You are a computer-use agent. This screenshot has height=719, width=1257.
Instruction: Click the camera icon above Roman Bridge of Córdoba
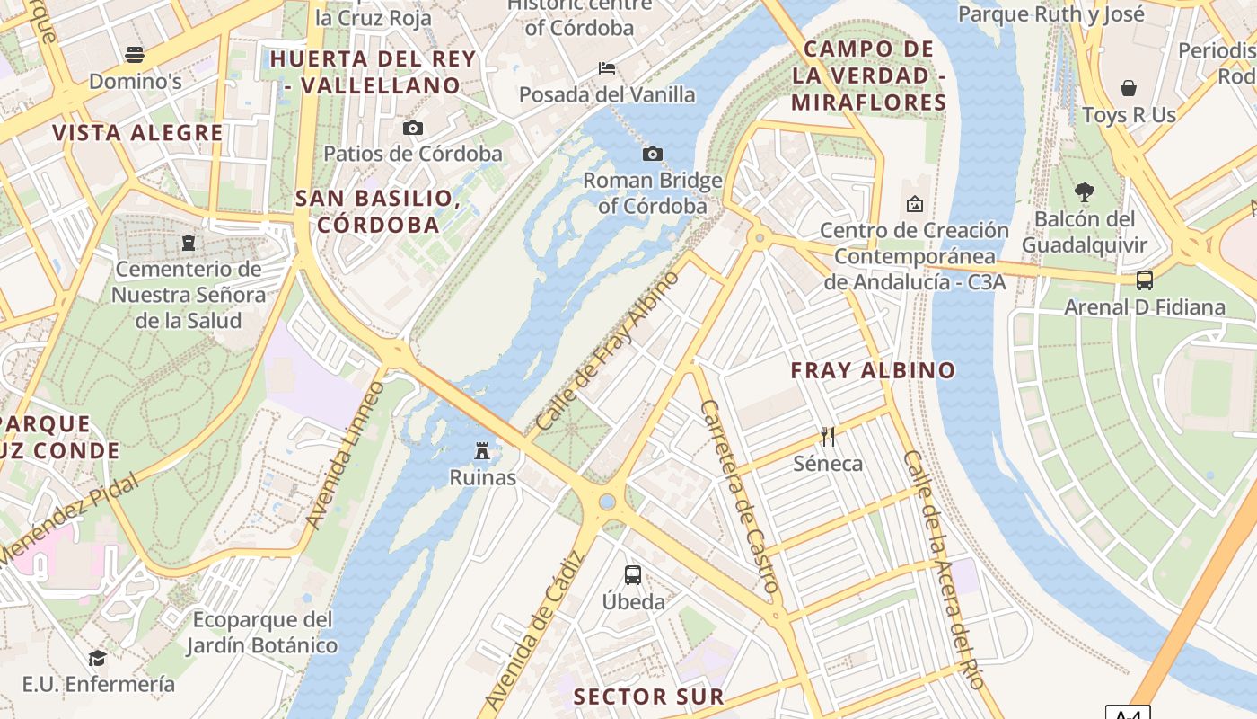coord(653,154)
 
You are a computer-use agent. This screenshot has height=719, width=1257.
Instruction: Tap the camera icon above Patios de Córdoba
coord(413,128)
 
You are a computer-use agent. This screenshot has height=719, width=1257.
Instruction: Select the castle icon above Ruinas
coord(482,450)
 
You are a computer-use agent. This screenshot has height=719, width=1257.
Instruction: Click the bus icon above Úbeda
coord(633,574)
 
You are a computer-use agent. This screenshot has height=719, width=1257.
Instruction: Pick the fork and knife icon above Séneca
coord(828,437)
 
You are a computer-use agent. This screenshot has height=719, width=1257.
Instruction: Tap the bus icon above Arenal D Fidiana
coord(1145,280)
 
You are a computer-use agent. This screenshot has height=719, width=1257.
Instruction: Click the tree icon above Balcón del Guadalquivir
coord(1085,191)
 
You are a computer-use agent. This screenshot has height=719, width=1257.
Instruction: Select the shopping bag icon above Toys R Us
coord(1129,88)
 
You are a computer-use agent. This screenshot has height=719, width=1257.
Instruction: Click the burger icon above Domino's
coord(135,54)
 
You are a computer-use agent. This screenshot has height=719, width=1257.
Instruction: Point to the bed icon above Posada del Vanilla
coord(607,68)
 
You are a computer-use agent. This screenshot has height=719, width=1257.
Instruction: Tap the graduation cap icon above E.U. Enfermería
coord(97,658)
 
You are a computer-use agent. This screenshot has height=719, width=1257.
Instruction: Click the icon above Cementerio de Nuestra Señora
coord(189,242)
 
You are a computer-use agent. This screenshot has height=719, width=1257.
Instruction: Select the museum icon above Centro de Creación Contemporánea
coord(914,204)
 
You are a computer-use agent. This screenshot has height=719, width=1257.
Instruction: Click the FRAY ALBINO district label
coord(873,370)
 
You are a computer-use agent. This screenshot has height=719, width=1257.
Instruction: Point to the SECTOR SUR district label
coord(648,697)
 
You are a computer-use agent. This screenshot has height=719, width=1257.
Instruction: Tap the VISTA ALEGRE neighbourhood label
coord(137,133)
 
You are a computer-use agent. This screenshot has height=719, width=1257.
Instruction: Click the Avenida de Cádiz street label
coord(533,630)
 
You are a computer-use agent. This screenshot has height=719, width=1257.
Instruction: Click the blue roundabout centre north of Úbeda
coord(608,502)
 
